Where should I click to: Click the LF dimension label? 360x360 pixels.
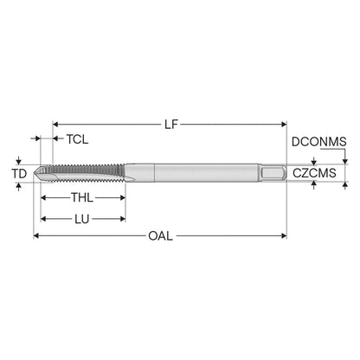(x=171, y=125)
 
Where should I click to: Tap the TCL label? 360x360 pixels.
(x=77, y=139)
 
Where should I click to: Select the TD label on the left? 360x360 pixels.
(x=19, y=174)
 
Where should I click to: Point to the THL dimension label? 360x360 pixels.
(x=82, y=197)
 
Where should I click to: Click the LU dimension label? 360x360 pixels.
(x=82, y=219)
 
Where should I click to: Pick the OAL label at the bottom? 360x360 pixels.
(x=160, y=236)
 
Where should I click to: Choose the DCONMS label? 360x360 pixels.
(x=319, y=142)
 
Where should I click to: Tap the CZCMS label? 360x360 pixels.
(x=314, y=173)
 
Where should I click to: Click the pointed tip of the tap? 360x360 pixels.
(x=34, y=173)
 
